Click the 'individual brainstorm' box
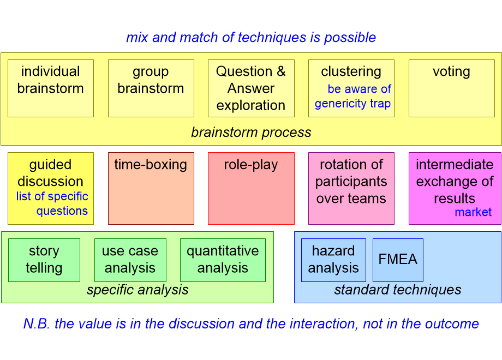click(51, 88)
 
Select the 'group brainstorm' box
click(151, 88)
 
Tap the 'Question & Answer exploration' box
click(251, 88)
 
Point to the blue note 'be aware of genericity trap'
click(353, 97)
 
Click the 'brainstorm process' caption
click(251, 133)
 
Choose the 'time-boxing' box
click(151, 188)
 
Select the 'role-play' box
click(251, 188)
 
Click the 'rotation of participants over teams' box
click(351, 188)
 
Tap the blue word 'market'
click(473, 212)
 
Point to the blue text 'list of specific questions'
click(52, 204)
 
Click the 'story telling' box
click(44, 260)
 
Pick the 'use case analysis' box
click(130, 260)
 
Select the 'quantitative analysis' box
click(223, 260)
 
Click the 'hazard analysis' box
click(333, 260)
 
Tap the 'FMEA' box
click(398, 260)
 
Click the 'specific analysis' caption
click(138, 290)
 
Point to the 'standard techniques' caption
click(398, 290)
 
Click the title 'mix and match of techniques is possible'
click(251, 38)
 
